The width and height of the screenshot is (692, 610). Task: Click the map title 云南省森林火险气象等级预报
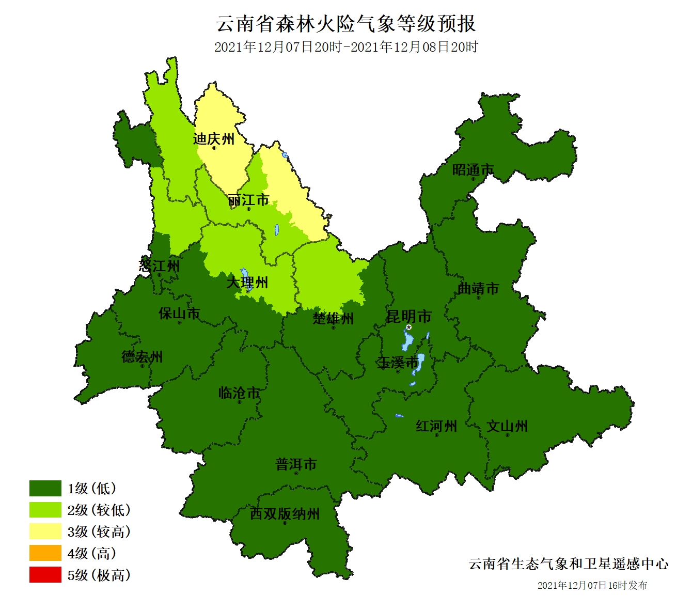[x=345, y=23]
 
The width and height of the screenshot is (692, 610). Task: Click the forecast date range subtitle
[x=345, y=47]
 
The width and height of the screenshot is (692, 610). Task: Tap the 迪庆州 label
[x=213, y=138]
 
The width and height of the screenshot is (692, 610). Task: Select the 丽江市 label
[x=248, y=200]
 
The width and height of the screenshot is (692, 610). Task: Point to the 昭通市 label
[x=473, y=169]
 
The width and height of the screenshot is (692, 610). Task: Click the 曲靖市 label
[x=478, y=288]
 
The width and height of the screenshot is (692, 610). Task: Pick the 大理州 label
[x=247, y=283]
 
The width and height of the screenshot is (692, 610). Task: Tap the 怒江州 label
[x=159, y=265]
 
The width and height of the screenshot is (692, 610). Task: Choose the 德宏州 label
[x=142, y=356]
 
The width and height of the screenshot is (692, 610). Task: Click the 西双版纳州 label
[x=285, y=514]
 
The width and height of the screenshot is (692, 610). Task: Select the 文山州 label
[x=507, y=426]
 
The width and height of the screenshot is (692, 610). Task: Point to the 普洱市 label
[x=296, y=464]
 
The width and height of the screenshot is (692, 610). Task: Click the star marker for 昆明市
[x=408, y=327]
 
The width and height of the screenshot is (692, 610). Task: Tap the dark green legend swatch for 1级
[x=45, y=488]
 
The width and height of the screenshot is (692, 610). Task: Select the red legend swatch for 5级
[x=45, y=575]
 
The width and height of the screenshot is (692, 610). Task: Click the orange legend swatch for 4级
[x=45, y=553]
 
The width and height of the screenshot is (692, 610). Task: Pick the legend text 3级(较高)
[x=99, y=531]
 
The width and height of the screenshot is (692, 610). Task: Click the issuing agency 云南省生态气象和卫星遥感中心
[x=568, y=564]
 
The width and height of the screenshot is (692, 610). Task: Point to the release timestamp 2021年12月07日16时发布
[x=592, y=585]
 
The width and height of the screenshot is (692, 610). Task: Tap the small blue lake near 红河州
[x=399, y=416]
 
